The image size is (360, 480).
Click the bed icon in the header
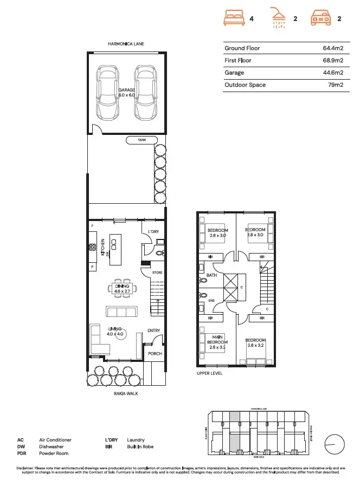click(234, 18)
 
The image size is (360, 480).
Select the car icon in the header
click(321, 18)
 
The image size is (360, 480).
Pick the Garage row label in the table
click(234, 73)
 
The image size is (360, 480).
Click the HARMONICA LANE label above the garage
click(126, 43)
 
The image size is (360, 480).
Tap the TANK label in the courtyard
click(142, 140)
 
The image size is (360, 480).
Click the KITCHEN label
click(102, 247)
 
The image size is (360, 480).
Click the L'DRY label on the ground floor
click(154, 231)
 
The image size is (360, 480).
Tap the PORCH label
click(155, 354)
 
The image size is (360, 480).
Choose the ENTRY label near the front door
click(153, 330)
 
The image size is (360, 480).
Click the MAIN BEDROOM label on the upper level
click(218, 342)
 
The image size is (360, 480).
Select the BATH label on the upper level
click(211, 276)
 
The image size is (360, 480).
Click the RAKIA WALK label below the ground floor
click(126, 394)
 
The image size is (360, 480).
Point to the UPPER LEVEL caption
click(209, 374)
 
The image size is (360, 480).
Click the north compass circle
click(335, 445)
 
